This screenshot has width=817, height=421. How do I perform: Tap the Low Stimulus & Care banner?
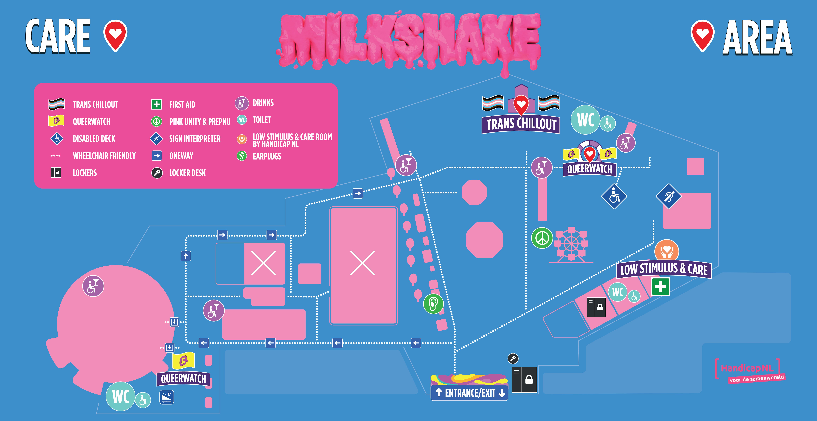click(x=664, y=270)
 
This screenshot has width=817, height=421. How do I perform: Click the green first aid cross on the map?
click(x=661, y=287)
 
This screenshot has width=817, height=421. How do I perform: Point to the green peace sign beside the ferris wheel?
click(x=542, y=238)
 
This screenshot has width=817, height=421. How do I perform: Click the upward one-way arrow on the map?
click(x=186, y=256)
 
